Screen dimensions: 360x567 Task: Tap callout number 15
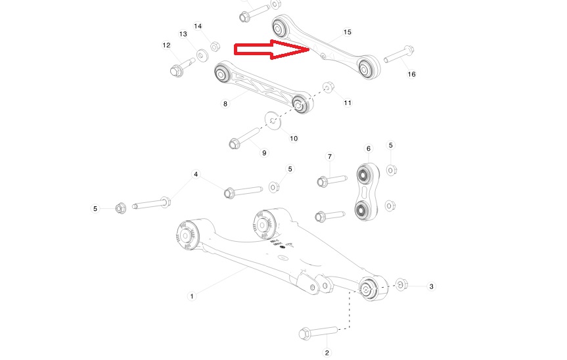[347, 32]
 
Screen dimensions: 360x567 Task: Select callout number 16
[411, 74]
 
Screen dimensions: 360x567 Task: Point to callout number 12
[166, 45]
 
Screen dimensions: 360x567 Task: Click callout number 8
[225, 103]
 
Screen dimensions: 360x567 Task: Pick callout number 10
[294, 138]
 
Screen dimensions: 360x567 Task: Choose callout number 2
[327, 353]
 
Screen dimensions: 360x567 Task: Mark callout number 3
[431, 286]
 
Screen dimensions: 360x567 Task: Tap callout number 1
[192, 296]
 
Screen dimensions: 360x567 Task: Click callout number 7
[330, 156]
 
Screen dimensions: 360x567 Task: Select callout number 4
[195, 174]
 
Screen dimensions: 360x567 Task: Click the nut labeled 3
[402, 286]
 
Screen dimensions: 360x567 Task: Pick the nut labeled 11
[329, 87]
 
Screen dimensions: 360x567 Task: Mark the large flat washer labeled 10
[272, 120]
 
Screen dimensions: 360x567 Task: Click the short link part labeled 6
[363, 192]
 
